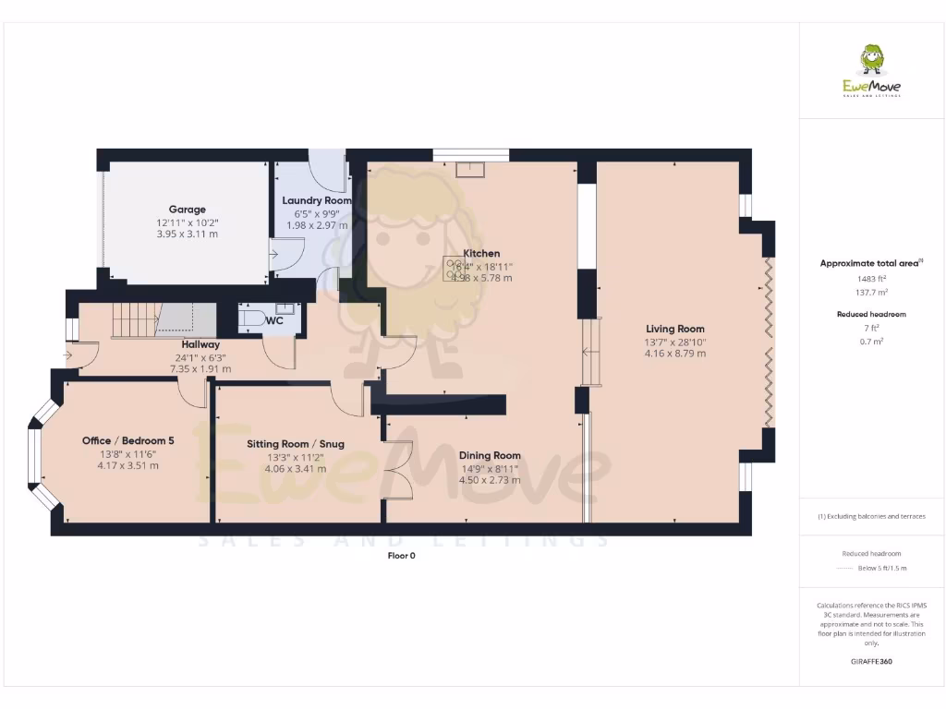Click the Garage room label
click(187, 210)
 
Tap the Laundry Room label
click(317, 200)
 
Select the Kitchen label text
click(481, 253)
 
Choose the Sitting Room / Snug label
click(295, 444)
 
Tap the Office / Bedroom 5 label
click(127, 440)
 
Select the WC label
click(274, 320)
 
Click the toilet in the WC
click(251, 319)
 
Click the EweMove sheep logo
click(871, 61)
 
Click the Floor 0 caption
click(402, 556)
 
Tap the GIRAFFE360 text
click(871, 662)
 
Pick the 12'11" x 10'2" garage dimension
click(187, 222)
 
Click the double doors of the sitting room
click(399, 471)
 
